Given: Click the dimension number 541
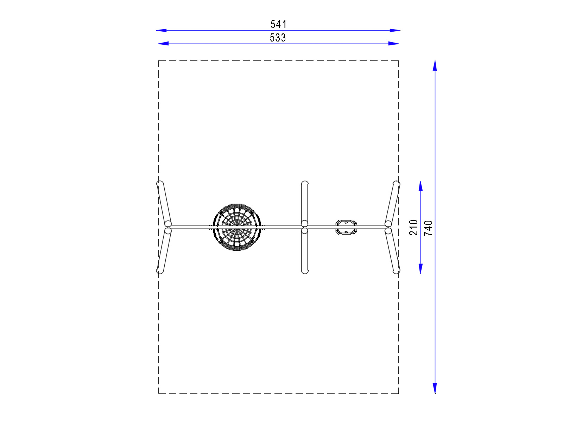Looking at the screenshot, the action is (278, 24).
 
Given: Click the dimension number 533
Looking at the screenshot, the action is (278, 38).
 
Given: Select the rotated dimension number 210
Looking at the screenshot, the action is (413, 227).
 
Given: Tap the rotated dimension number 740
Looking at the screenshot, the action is (428, 228).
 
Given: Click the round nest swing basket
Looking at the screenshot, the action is (237, 227).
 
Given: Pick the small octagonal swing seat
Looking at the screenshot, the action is (346, 227).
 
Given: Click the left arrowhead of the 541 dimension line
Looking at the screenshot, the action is (161, 30).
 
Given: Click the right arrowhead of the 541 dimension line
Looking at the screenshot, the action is (395, 30).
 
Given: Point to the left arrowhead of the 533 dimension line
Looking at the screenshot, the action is (163, 44).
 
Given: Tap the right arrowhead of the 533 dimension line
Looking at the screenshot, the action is (393, 44).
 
